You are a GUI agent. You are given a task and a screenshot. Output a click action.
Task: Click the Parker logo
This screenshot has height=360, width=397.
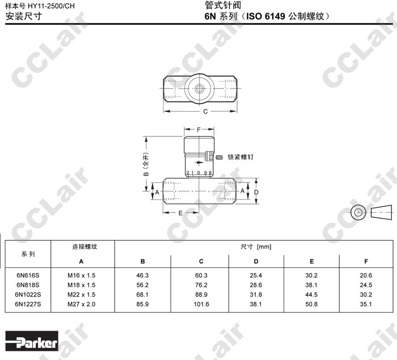32,341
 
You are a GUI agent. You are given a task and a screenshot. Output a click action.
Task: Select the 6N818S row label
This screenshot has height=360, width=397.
28,285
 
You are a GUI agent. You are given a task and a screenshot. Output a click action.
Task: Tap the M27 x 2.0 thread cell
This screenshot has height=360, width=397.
81,304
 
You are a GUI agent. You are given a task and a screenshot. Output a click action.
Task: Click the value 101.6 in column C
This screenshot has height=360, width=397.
201,304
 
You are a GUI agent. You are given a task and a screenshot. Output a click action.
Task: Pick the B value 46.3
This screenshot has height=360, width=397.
142,275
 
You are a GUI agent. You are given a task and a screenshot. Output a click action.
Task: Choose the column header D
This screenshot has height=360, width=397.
256,261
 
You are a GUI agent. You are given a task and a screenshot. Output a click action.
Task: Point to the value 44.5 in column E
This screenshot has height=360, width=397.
311,295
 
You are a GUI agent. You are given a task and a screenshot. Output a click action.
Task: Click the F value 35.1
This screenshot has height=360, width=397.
366,304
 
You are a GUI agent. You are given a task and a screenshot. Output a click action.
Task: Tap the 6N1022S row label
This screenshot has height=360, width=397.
28,295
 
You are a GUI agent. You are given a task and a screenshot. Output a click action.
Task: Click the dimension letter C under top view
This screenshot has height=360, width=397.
205,111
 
